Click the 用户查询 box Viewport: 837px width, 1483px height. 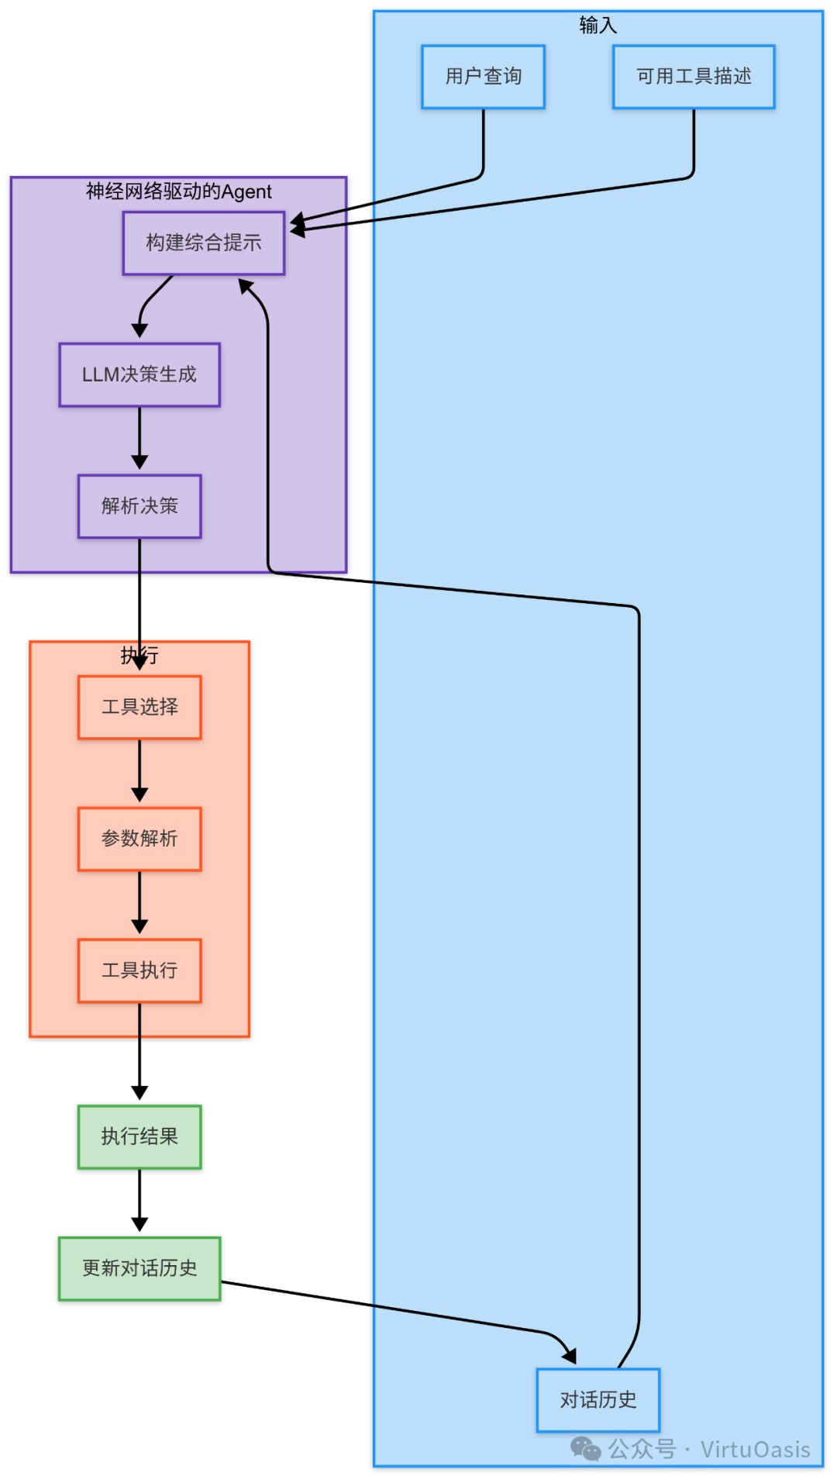(483, 77)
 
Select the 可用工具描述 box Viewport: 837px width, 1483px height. (694, 77)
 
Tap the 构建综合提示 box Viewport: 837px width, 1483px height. (204, 243)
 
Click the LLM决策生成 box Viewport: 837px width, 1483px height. (139, 374)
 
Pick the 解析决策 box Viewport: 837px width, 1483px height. (139, 506)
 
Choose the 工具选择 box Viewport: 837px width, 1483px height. (139, 706)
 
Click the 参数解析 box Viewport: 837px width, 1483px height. (139, 838)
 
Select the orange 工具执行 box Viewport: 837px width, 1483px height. (139, 970)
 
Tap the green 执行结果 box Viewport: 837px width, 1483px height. (139, 1136)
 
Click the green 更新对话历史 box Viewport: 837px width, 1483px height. (139, 1268)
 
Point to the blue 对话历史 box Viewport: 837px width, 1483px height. (598, 1399)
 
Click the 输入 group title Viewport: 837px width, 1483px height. (598, 26)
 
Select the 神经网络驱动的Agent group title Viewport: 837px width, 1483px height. (178, 191)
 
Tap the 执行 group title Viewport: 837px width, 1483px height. (139, 656)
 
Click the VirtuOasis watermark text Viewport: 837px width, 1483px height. (755, 1450)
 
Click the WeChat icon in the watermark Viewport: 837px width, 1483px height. (585, 1448)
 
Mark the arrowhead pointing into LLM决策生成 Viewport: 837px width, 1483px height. (139, 331)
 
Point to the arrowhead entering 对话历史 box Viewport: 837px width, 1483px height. (570, 1356)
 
